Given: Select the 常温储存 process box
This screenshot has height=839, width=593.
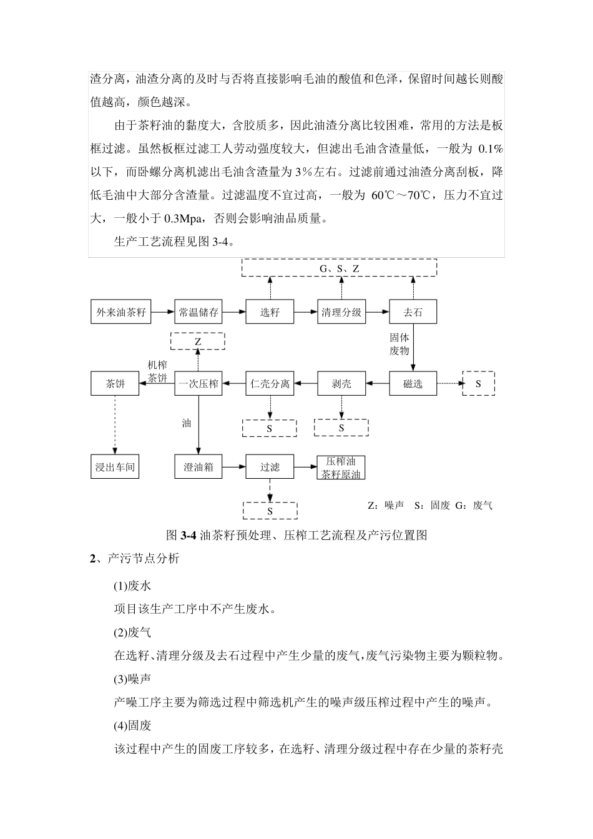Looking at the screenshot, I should click(x=198, y=312).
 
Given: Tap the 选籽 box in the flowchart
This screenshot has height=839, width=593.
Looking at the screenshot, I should click(x=270, y=312).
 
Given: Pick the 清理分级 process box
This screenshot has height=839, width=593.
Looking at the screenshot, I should click(x=341, y=312).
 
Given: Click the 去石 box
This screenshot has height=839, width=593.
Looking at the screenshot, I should click(x=413, y=312).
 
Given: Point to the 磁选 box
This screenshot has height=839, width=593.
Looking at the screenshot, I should click(x=413, y=383).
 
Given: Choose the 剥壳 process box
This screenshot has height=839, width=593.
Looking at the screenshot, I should click(x=341, y=383).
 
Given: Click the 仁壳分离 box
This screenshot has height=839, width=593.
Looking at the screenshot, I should click(x=270, y=383).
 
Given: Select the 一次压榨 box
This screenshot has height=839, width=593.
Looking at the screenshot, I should click(x=198, y=383).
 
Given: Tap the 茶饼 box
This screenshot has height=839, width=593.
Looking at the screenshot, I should click(x=115, y=383).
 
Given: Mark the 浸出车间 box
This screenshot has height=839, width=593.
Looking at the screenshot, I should click(x=115, y=466).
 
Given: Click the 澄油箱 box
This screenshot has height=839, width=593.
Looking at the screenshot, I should click(x=198, y=466).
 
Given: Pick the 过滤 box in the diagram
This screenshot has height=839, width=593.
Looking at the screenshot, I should click(x=270, y=466).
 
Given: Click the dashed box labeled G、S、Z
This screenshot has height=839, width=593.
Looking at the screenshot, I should click(x=339, y=268).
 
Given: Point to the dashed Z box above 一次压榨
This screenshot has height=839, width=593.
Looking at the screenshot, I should click(x=198, y=341).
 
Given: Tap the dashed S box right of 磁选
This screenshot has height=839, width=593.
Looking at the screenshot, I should click(x=478, y=383).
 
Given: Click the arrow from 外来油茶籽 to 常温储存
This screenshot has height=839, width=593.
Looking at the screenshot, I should click(x=162, y=312).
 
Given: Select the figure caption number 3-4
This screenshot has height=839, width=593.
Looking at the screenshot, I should click(x=189, y=536).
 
